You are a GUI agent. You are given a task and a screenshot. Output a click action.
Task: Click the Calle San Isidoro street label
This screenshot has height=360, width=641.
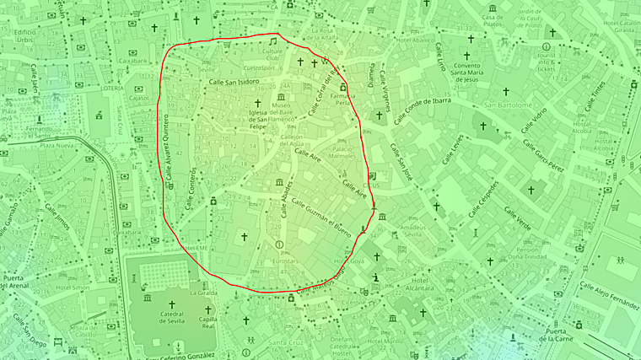point(234,82)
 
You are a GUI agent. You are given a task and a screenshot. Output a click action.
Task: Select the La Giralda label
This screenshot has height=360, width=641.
point(203,293)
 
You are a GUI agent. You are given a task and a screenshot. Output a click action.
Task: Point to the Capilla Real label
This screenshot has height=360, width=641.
point(208,325)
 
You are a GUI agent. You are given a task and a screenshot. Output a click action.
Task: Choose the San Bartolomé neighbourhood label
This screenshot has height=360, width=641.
point(508,105)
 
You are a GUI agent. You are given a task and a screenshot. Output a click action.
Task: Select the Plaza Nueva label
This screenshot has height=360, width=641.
point(59,146)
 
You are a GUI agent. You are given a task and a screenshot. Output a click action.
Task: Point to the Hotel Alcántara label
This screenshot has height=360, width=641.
point(420,287)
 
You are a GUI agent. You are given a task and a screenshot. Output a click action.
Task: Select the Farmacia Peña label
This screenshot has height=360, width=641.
point(343,99)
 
